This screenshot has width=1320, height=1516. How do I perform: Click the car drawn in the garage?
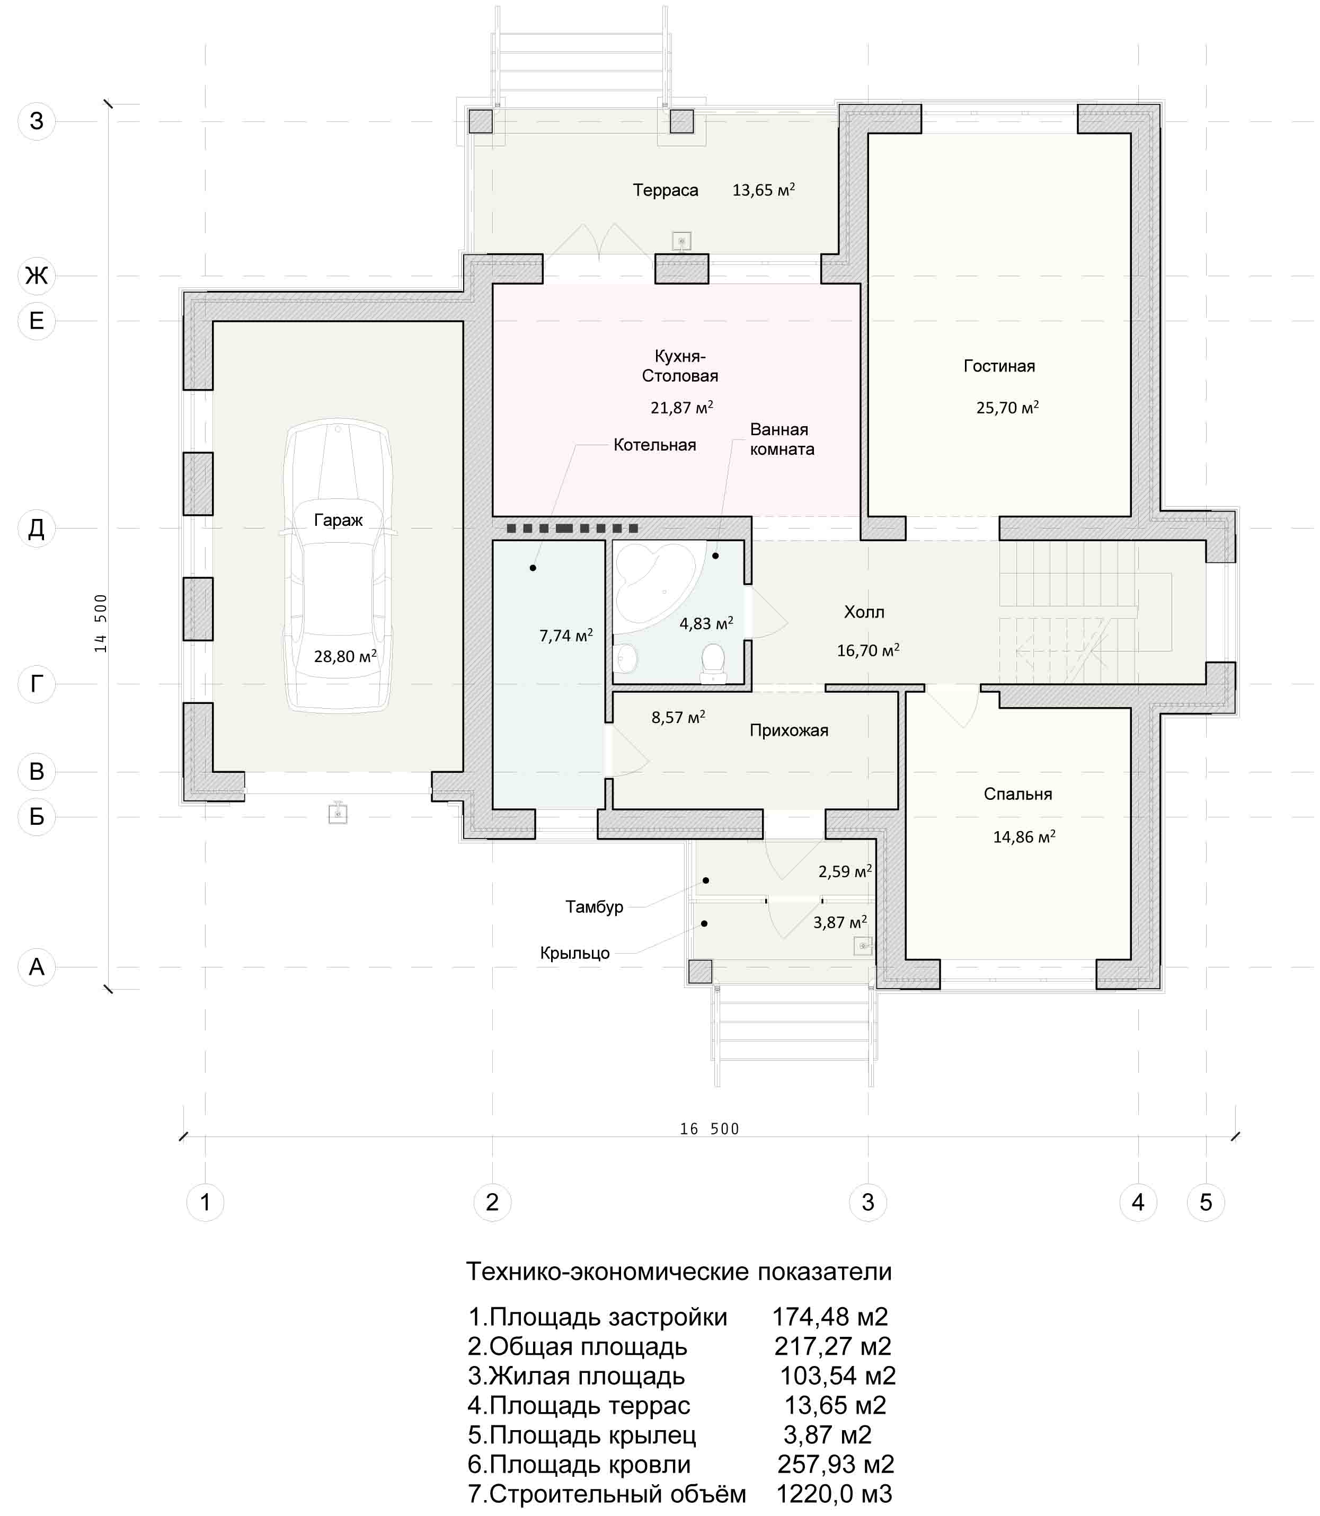click(338, 566)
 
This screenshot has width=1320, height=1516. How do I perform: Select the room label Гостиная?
click(999, 366)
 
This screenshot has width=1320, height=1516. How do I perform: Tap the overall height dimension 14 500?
click(101, 622)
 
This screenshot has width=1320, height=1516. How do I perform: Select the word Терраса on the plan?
click(665, 190)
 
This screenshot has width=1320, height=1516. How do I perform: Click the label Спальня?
click(1017, 794)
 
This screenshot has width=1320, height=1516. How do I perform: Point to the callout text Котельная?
click(655, 445)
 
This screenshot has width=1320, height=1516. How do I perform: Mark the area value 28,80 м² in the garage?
click(345, 656)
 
